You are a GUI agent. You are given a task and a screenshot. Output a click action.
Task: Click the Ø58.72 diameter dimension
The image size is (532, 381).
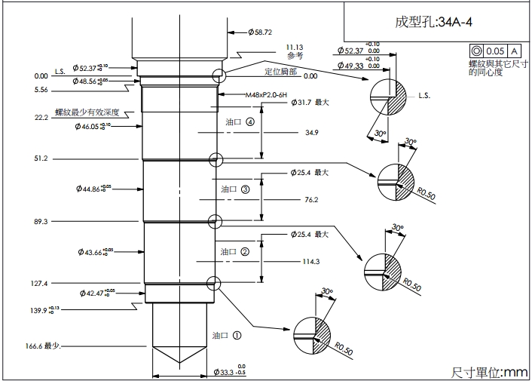pos(260,32)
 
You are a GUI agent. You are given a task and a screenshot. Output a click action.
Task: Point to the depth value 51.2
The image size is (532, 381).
pos(41,159)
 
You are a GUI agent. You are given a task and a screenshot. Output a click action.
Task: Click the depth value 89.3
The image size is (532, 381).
pos(41,222)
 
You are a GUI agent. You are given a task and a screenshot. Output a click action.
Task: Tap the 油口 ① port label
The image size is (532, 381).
pos(226,335)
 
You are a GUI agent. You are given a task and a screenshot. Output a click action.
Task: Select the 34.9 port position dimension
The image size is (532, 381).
pos(311,133)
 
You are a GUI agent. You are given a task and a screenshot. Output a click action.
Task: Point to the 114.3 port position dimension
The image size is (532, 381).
pos(311,262)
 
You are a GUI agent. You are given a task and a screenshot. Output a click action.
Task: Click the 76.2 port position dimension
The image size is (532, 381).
pos(311,200)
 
